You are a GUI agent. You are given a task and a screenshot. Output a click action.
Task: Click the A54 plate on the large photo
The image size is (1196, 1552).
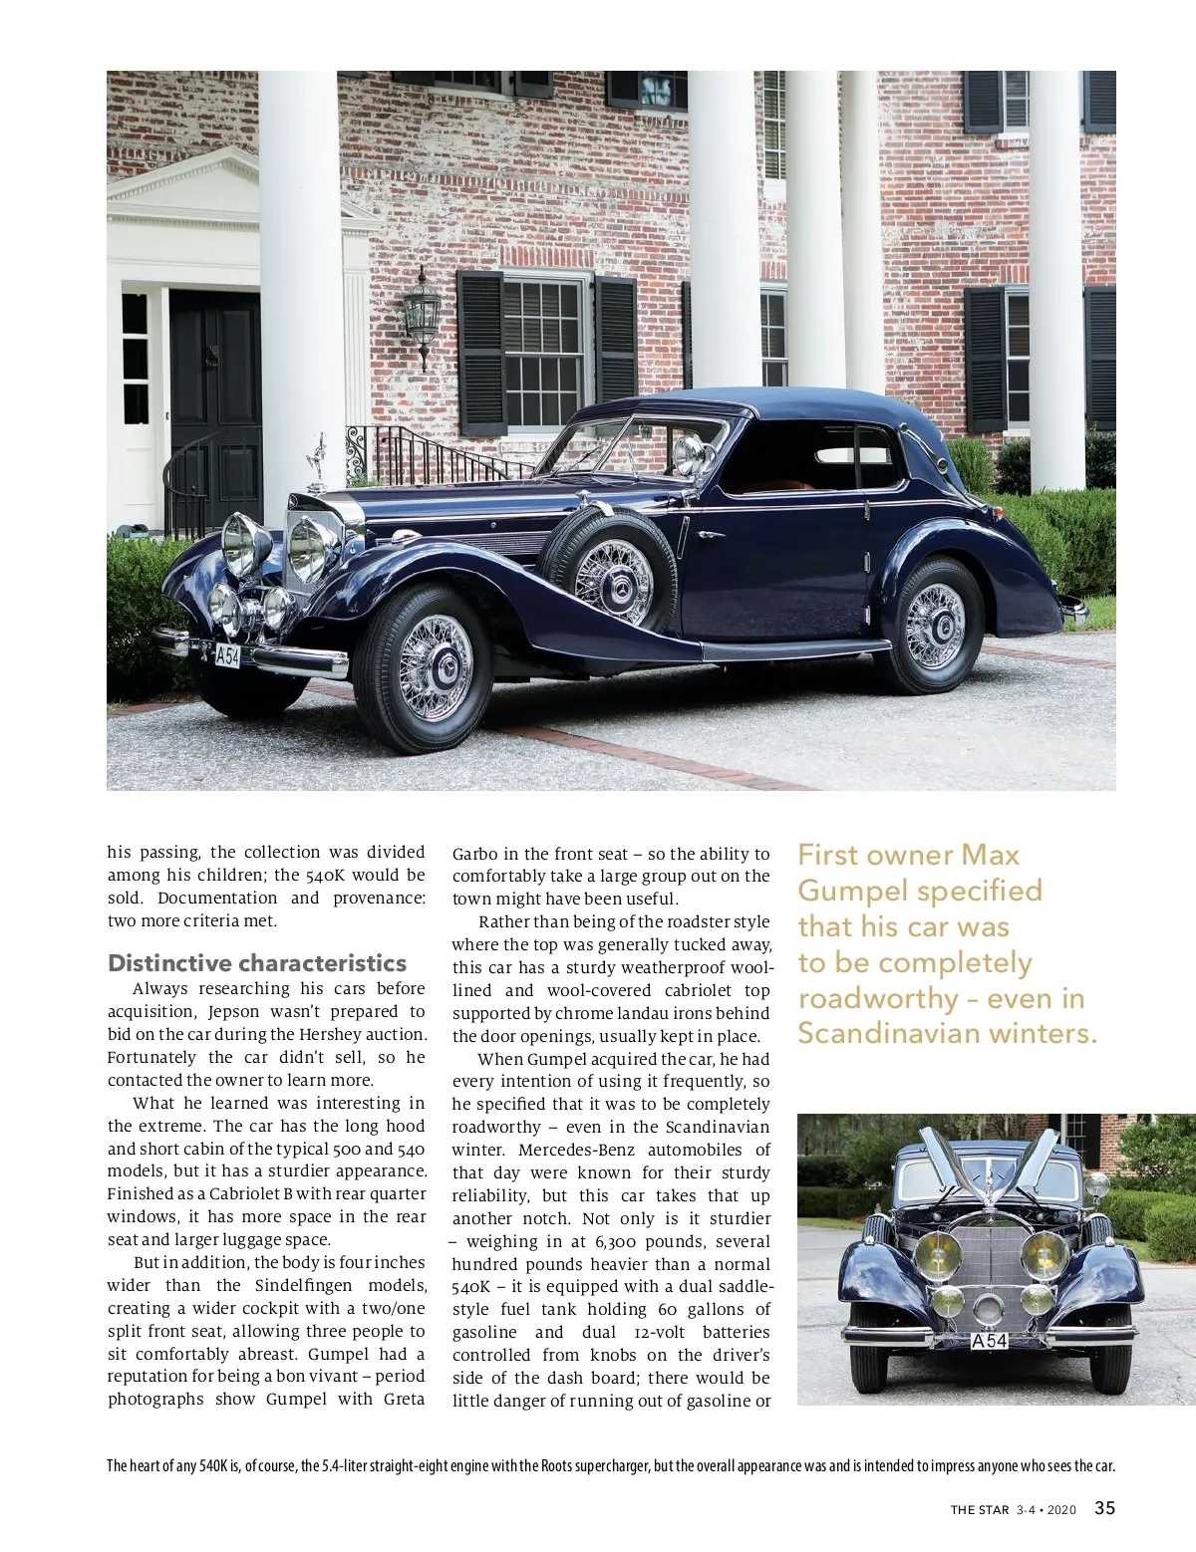(228, 655)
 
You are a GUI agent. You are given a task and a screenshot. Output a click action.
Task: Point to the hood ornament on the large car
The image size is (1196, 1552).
(319, 462)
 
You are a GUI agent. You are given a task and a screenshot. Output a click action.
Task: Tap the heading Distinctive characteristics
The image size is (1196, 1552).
(257, 963)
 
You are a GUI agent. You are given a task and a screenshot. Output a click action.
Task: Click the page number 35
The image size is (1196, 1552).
(1104, 1508)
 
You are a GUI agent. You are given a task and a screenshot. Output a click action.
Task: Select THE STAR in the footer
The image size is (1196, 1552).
(980, 1510)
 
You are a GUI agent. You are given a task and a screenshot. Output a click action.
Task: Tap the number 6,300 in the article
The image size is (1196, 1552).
(619, 1241)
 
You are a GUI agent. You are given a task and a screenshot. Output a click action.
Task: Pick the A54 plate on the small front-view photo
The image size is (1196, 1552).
(990, 1341)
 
